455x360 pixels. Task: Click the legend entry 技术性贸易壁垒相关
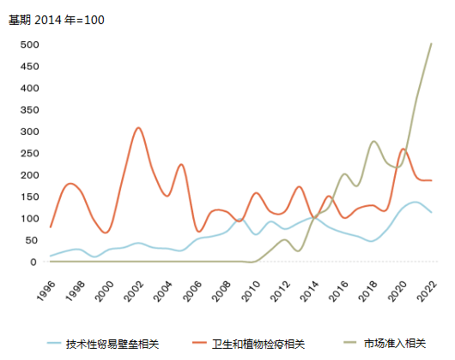pos(112,344)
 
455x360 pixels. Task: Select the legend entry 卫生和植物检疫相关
pos(258,344)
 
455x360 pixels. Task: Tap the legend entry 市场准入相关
pos(395,344)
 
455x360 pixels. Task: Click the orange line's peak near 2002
pos(138,128)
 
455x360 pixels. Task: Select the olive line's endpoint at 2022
pos(431,44)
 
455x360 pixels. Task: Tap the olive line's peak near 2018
pos(373,142)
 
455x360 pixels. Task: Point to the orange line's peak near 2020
pos(403,149)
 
